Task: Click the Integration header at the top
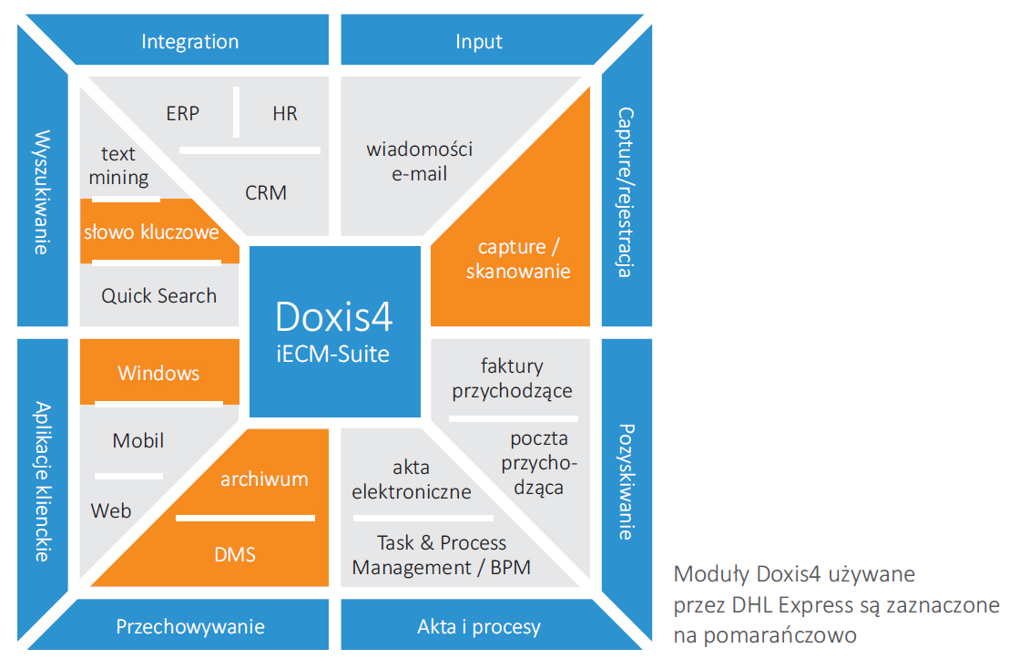(189, 42)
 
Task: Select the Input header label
(478, 42)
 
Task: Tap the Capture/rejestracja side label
(626, 191)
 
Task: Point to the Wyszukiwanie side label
(42, 192)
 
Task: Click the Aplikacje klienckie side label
(42, 480)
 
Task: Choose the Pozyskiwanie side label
(626, 480)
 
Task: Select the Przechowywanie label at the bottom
(190, 626)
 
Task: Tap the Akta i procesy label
(478, 626)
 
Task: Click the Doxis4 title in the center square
(335, 318)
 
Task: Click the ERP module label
(182, 114)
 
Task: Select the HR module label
(284, 114)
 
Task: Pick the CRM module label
(266, 192)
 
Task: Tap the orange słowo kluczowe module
(151, 232)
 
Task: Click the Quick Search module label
(158, 295)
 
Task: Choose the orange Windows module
(158, 373)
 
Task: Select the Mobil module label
(138, 440)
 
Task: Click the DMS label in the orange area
(235, 553)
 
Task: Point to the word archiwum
(264, 479)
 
